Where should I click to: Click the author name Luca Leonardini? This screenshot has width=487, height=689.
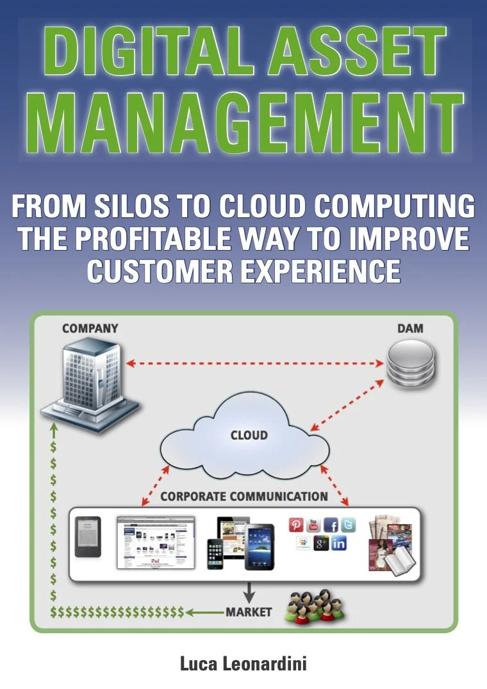pyautogui.click(x=244, y=663)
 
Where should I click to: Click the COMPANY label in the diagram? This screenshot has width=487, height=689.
pyautogui.click(x=90, y=328)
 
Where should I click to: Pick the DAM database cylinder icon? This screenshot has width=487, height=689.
pyautogui.click(x=410, y=365)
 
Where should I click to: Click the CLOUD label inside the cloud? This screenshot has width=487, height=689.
pyautogui.click(x=249, y=435)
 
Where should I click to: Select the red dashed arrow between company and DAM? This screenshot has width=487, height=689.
pyautogui.click(x=256, y=364)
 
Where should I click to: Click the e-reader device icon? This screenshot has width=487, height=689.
pyautogui.click(x=86, y=536)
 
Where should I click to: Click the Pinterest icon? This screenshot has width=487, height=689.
pyautogui.click(x=297, y=526)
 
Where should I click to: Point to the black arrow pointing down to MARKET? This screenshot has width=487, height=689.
pyautogui.click(x=249, y=592)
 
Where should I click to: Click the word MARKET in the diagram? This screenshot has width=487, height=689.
pyautogui.click(x=249, y=611)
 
